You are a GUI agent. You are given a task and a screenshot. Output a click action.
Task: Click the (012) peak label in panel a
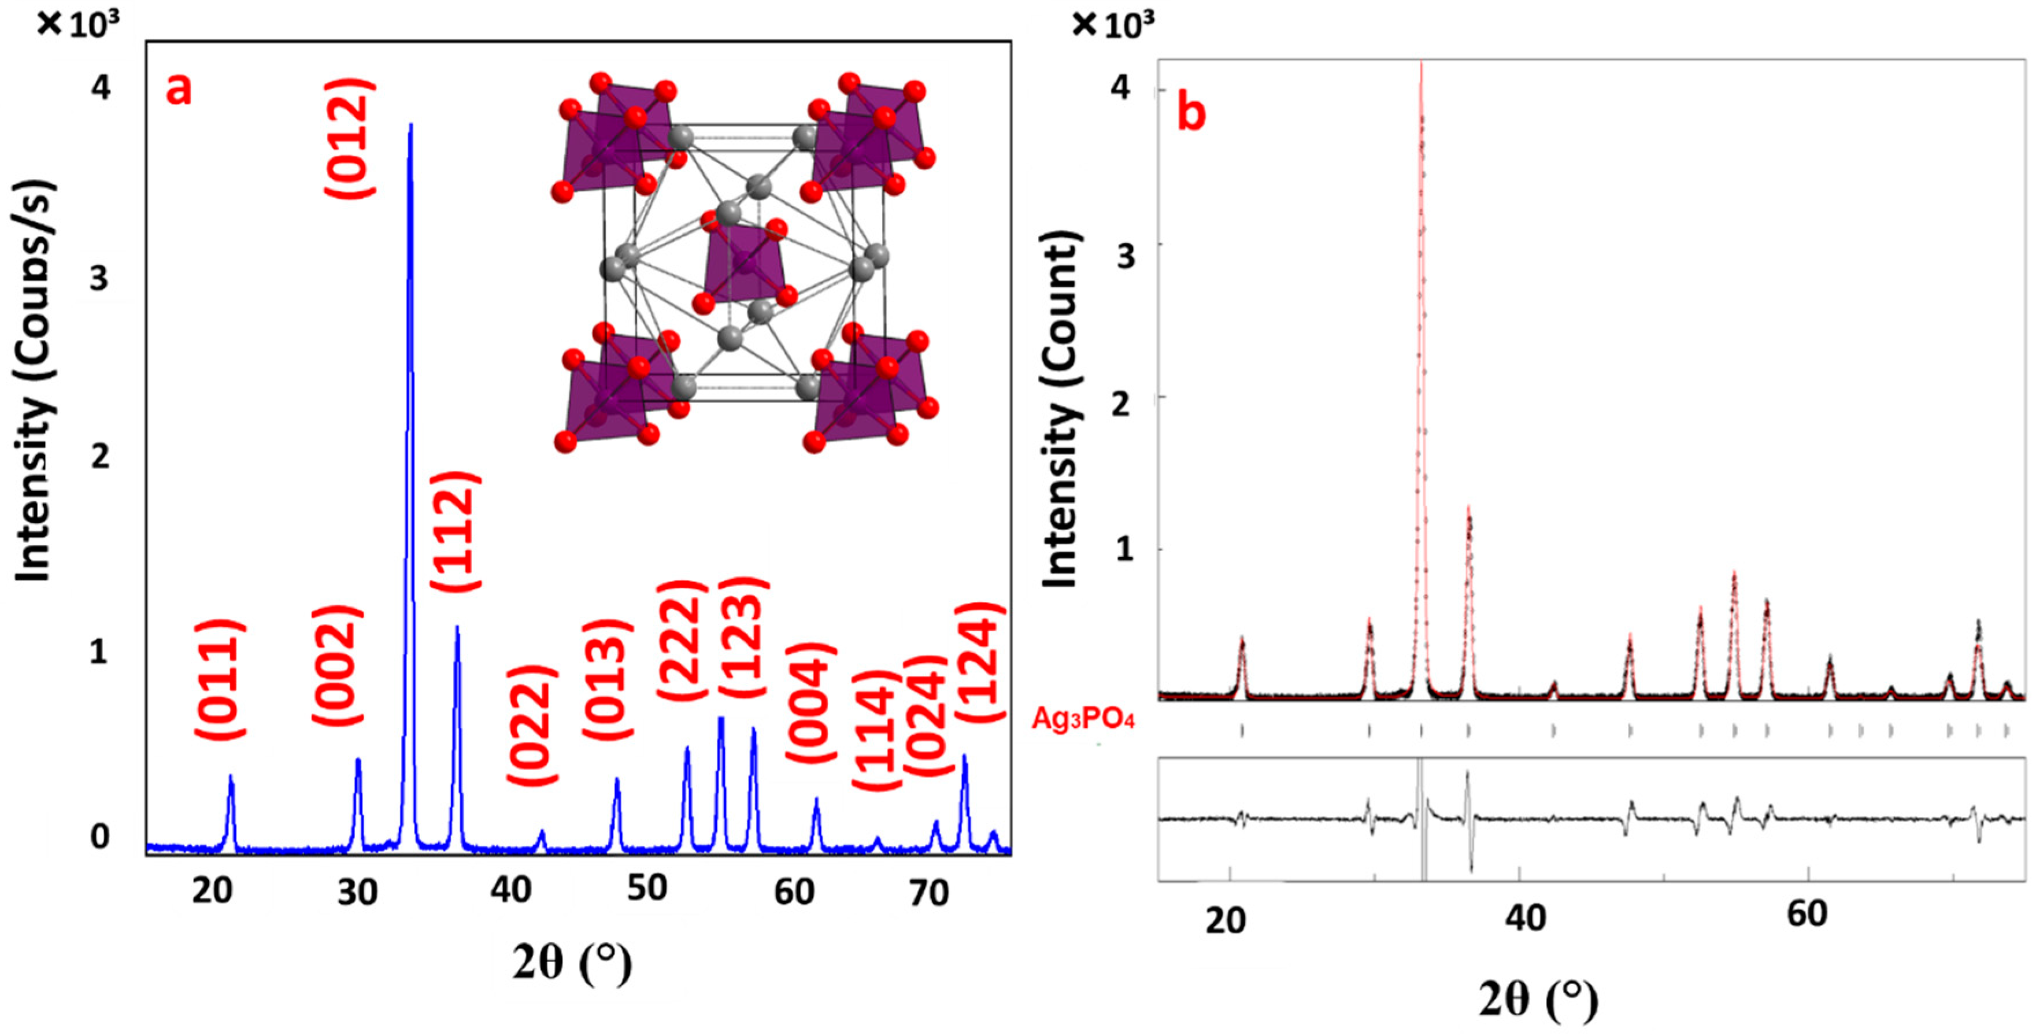click(349, 139)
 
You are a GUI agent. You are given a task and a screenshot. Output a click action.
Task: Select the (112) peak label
click(456, 531)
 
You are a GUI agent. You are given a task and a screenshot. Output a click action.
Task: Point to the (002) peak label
click(338, 665)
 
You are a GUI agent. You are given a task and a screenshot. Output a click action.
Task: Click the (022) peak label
click(531, 726)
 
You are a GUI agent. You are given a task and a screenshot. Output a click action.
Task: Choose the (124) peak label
click(979, 662)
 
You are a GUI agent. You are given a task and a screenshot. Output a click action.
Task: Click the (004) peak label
click(811, 704)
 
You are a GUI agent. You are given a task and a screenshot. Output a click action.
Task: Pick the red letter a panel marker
click(179, 88)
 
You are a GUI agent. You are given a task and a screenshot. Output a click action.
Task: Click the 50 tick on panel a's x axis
click(646, 890)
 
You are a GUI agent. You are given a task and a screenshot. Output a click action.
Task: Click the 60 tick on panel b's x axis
click(1807, 914)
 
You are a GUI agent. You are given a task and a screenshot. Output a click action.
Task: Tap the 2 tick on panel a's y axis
click(99, 456)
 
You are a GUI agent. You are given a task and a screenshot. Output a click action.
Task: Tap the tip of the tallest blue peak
click(410, 125)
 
